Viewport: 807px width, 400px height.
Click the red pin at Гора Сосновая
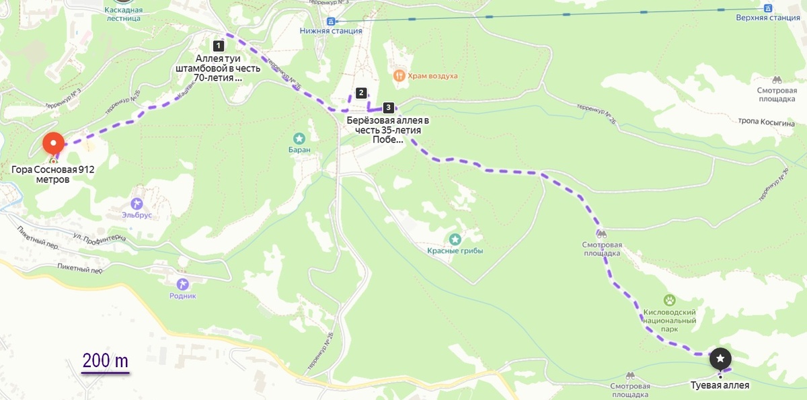(x=54, y=143)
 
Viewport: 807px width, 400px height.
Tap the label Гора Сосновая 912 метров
(x=53, y=175)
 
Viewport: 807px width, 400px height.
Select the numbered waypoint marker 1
(x=218, y=46)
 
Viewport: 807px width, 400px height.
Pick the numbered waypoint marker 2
(x=361, y=93)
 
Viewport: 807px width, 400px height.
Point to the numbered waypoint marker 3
(x=388, y=108)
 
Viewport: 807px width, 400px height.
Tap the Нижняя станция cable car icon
(x=330, y=21)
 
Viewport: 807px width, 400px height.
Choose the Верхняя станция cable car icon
(x=768, y=8)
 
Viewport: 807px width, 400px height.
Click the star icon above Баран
(x=299, y=138)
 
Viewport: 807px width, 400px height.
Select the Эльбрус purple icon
(x=137, y=203)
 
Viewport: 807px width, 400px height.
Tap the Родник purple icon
(x=182, y=284)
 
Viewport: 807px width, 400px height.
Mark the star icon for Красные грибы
(x=455, y=239)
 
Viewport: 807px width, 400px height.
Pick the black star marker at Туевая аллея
(x=720, y=359)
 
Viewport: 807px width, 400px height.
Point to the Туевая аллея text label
(x=720, y=385)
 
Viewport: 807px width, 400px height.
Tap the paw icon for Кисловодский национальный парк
(x=670, y=300)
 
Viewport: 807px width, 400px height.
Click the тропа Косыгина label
(x=767, y=124)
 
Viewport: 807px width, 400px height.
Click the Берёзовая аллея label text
(x=387, y=130)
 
